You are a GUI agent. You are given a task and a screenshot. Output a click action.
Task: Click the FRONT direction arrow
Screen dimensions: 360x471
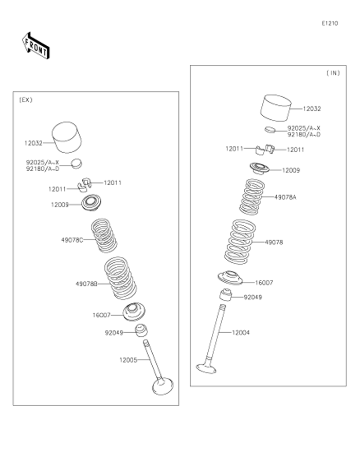click(36, 46)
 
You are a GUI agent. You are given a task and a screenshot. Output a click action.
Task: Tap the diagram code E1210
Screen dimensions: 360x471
click(330, 24)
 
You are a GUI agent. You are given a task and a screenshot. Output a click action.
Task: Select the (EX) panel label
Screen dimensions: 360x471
click(26, 100)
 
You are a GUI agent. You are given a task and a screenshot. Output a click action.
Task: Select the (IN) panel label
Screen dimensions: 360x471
click(333, 73)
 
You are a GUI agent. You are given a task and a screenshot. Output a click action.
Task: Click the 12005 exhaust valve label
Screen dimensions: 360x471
click(128, 360)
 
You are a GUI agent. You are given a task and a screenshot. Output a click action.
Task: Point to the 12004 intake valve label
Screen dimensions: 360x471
click(241, 333)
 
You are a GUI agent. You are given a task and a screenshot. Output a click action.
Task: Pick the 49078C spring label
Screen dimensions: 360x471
click(72, 240)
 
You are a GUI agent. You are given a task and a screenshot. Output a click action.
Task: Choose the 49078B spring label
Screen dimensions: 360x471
click(86, 284)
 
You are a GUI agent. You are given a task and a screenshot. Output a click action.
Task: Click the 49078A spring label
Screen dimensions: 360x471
click(285, 197)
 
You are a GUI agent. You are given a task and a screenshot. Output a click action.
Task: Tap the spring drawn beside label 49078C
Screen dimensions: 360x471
click(104, 236)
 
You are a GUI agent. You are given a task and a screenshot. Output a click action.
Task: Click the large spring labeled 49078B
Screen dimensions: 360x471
click(120, 278)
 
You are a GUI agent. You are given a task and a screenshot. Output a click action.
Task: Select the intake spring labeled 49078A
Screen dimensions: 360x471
click(252, 197)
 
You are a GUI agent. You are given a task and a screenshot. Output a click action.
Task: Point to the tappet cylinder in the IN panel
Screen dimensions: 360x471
click(276, 108)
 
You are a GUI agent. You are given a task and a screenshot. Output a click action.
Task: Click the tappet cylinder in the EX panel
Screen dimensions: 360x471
click(67, 137)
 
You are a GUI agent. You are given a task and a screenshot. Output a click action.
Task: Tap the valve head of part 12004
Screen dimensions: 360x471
click(206, 368)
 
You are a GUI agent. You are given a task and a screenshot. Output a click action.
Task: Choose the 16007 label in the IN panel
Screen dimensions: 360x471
click(264, 283)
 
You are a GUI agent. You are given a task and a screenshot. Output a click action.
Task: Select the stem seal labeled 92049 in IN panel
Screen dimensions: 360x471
click(226, 295)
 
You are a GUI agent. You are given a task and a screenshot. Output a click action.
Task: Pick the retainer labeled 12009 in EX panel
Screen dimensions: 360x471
click(92, 203)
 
